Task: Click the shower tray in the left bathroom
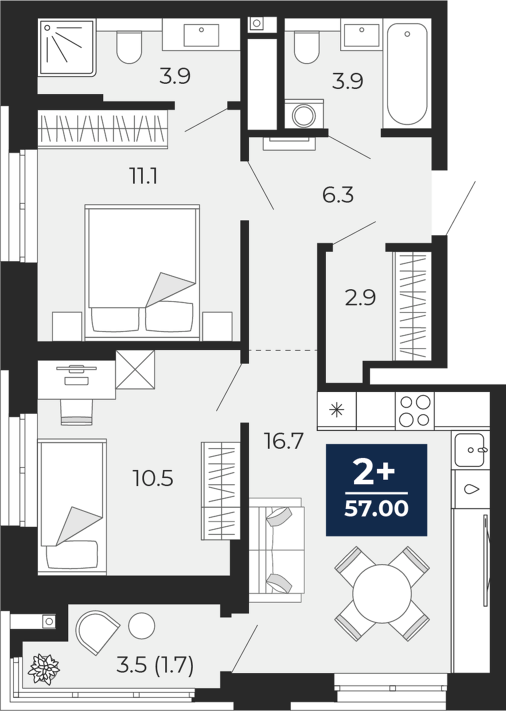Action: (67, 48)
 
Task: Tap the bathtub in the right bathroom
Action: (407, 73)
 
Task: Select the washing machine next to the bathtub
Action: (304, 114)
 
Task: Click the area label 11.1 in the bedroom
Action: (143, 177)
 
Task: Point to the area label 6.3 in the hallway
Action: (337, 195)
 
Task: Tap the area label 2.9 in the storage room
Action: (360, 298)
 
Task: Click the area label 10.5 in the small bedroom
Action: (153, 479)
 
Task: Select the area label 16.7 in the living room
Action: (284, 441)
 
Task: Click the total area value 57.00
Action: (376, 509)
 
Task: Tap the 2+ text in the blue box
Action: (375, 473)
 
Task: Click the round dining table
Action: (382, 593)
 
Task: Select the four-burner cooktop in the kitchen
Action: (414, 411)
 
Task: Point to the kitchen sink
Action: (469, 450)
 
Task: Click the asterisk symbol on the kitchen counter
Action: (337, 411)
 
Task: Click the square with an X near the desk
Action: (135, 370)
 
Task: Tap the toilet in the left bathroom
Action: (129, 46)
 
